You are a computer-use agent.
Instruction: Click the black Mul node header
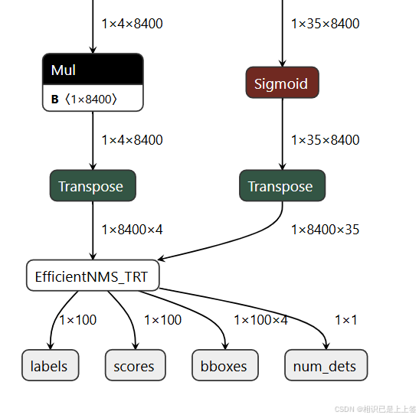click(93, 70)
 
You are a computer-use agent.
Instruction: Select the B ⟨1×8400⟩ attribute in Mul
click(84, 100)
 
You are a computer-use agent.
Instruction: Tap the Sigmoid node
click(282, 83)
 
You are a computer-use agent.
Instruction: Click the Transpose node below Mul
click(93, 185)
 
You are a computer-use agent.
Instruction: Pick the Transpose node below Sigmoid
click(282, 185)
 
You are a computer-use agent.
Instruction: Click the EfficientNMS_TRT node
click(93, 276)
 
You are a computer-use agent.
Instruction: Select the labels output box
click(51, 365)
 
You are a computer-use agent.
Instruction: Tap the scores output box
click(136, 365)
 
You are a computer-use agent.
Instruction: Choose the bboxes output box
click(225, 365)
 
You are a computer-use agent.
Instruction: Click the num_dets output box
click(326, 365)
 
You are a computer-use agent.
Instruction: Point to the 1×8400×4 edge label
click(132, 230)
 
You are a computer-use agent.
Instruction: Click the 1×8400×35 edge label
click(326, 230)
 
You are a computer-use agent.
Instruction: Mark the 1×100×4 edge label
click(260, 320)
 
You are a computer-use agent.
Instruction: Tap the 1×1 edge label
click(346, 320)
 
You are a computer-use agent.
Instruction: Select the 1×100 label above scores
click(162, 320)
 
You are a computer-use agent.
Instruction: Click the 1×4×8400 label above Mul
click(132, 24)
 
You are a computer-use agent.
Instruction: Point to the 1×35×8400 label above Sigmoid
click(326, 24)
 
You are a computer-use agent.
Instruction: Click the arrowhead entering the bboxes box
click(225, 345)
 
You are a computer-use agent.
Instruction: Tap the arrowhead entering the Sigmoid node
click(282, 63)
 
